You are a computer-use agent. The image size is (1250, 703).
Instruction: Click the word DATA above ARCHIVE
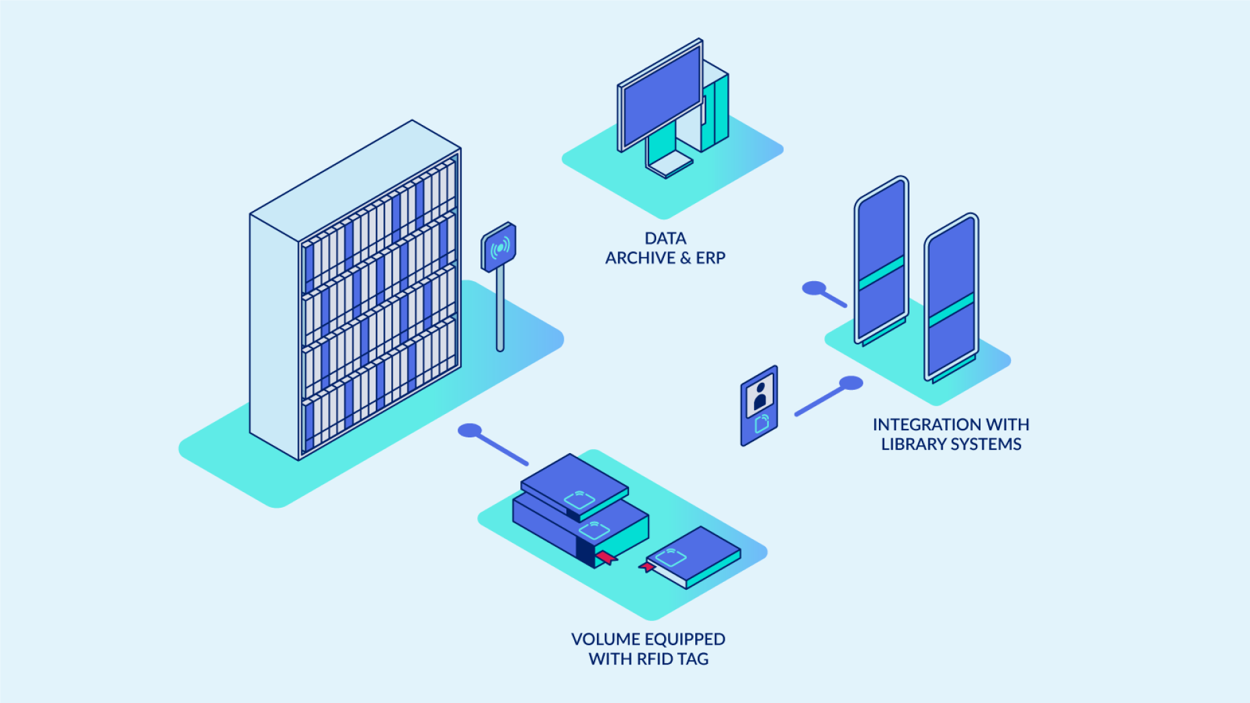coord(665,238)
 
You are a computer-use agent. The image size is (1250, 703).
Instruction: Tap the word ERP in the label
coord(710,258)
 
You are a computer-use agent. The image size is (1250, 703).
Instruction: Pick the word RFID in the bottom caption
coord(655,659)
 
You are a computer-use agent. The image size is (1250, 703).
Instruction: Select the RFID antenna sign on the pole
coord(499,247)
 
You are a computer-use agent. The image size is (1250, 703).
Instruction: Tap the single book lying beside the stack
coord(693,557)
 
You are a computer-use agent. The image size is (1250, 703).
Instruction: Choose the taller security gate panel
coord(882,260)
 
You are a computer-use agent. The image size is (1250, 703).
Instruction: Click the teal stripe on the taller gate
coord(882,273)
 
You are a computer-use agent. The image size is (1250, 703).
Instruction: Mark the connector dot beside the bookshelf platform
coord(469,430)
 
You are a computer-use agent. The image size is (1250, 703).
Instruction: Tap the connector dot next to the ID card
coord(851,383)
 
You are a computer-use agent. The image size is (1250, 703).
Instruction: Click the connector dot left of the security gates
coord(814,288)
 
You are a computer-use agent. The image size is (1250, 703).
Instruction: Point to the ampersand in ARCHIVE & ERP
coord(686,258)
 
